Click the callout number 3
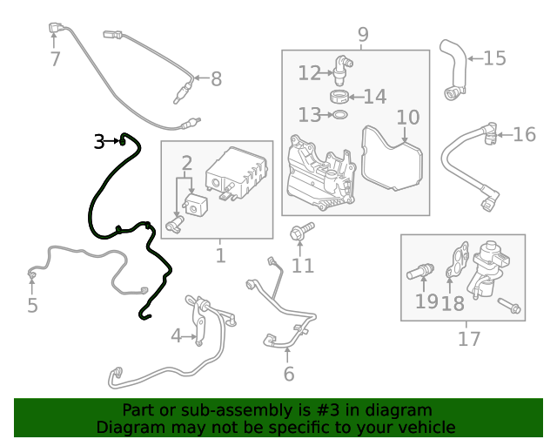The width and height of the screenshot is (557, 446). pos(99,140)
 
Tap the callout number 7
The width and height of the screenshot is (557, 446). pos(55,59)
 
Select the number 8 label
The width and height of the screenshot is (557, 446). pos(216,79)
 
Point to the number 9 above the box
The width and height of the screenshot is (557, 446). pos(363,35)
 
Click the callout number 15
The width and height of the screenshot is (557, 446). pos(494,58)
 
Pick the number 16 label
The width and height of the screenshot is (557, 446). pos(525,134)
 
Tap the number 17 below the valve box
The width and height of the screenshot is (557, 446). pos(469,338)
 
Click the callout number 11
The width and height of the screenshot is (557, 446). pos(302,265)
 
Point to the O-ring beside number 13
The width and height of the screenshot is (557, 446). pos(341,115)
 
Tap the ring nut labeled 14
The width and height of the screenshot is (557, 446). pos(341,95)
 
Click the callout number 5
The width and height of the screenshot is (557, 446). pos(32,306)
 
